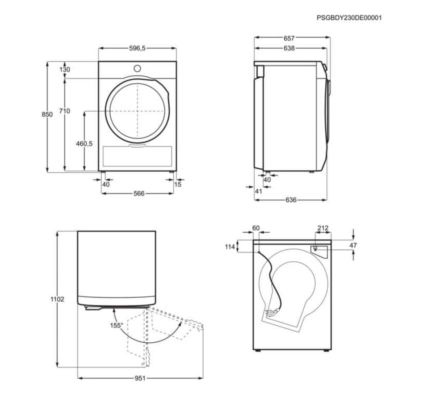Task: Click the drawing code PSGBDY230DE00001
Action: point(349,18)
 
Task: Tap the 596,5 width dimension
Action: point(137,48)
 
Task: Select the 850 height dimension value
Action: point(47,114)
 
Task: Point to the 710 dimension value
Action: point(64,111)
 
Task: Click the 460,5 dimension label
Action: point(84,144)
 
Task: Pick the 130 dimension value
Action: point(65,70)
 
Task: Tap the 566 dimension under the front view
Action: point(139,193)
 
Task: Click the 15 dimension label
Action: point(178,185)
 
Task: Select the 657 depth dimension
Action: point(289,38)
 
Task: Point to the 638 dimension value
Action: point(289,48)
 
